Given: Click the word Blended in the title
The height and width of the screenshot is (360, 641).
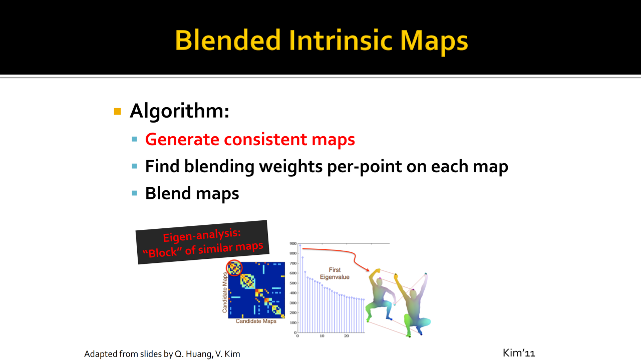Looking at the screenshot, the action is coord(228,40).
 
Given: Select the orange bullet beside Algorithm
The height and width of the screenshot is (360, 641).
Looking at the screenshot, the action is coord(117,111).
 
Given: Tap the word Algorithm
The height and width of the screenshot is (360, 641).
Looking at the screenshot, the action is coord(179,111).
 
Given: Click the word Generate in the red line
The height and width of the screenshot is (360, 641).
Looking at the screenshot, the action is coord(182,140).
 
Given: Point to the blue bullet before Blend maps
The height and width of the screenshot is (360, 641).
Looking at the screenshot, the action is coord(134,193).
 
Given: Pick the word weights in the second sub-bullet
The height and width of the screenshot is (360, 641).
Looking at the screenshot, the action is coord(291,167).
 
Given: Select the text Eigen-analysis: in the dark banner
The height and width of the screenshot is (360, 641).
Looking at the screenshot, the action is coord(202,235).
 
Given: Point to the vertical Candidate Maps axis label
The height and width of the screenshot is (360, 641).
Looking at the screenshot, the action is coord(225,292).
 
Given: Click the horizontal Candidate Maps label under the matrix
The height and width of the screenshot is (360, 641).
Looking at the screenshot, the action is coord(256,321).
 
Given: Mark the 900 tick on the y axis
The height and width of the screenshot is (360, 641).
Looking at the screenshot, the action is coord(293,243).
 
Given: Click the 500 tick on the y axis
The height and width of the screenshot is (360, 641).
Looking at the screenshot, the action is coord(293,283).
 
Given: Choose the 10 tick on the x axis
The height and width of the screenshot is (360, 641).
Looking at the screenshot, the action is coord(322,336).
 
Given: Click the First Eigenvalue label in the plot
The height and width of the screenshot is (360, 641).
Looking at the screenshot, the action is coord(335,273).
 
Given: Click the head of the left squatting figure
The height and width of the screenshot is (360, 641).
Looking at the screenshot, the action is coord(380,282).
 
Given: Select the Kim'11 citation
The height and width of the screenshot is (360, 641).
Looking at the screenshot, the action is coord(518,353).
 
